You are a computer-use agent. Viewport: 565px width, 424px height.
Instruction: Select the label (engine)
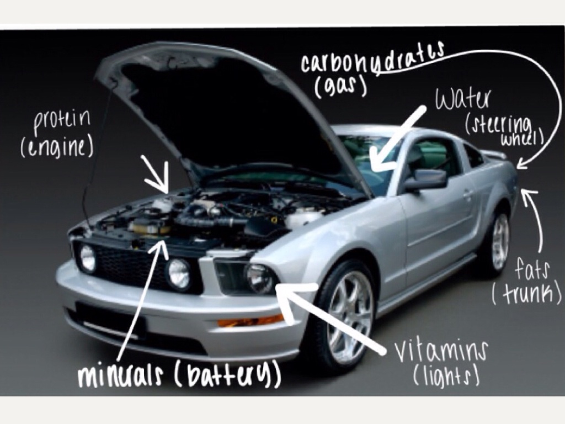(57, 148)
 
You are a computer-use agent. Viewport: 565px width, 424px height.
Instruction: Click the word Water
(463, 98)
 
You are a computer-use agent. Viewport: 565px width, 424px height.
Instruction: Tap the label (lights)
(446, 376)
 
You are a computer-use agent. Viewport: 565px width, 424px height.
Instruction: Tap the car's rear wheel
(498, 240)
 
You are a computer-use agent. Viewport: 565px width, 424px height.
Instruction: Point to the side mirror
(426, 180)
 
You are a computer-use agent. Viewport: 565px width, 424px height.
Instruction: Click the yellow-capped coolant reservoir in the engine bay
(151, 225)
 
